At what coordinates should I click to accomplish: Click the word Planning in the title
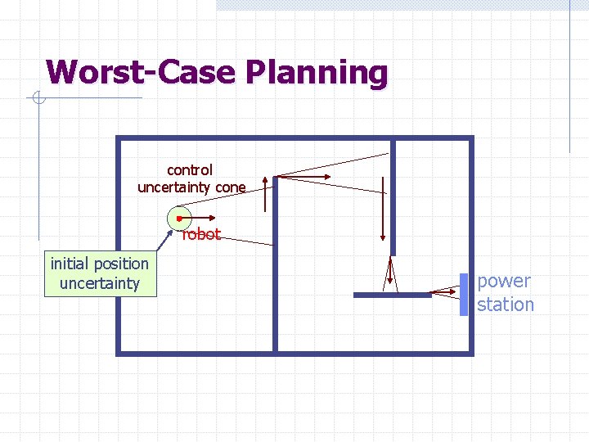point(315,74)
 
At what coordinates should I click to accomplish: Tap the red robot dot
point(178,219)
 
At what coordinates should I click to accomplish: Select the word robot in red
point(201,234)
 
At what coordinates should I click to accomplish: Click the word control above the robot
point(190,170)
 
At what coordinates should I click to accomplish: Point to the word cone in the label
point(231,187)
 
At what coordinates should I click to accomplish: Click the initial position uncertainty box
point(100,273)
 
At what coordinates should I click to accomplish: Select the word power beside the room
point(504,282)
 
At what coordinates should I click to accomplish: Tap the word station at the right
point(506,304)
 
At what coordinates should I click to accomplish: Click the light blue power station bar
point(463,294)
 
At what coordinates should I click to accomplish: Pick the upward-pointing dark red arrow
point(265,192)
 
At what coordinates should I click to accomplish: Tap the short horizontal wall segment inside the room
point(393,295)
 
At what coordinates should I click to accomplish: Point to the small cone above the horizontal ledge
point(392,274)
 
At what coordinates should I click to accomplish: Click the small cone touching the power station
point(446,291)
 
